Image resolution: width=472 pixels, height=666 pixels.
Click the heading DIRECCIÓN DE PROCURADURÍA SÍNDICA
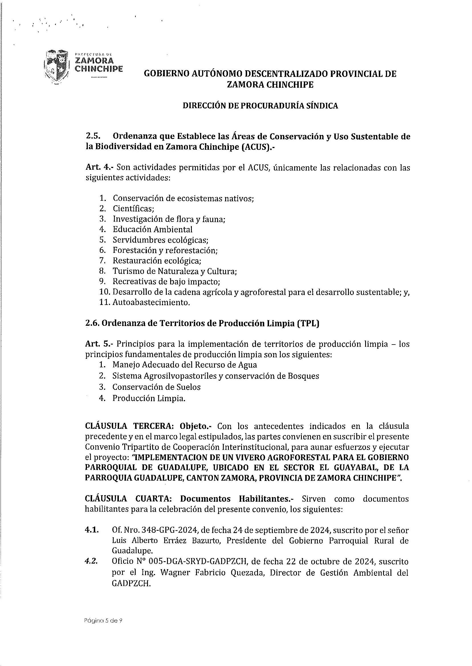point(260,106)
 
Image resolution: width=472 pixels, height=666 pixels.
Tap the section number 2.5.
point(93,136)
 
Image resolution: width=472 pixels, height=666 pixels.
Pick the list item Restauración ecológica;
point(157,261)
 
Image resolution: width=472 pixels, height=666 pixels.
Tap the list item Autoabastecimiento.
point(151,302)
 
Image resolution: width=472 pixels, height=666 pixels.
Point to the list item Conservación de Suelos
point(156,387)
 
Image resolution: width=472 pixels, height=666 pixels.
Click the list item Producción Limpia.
point(149,398)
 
